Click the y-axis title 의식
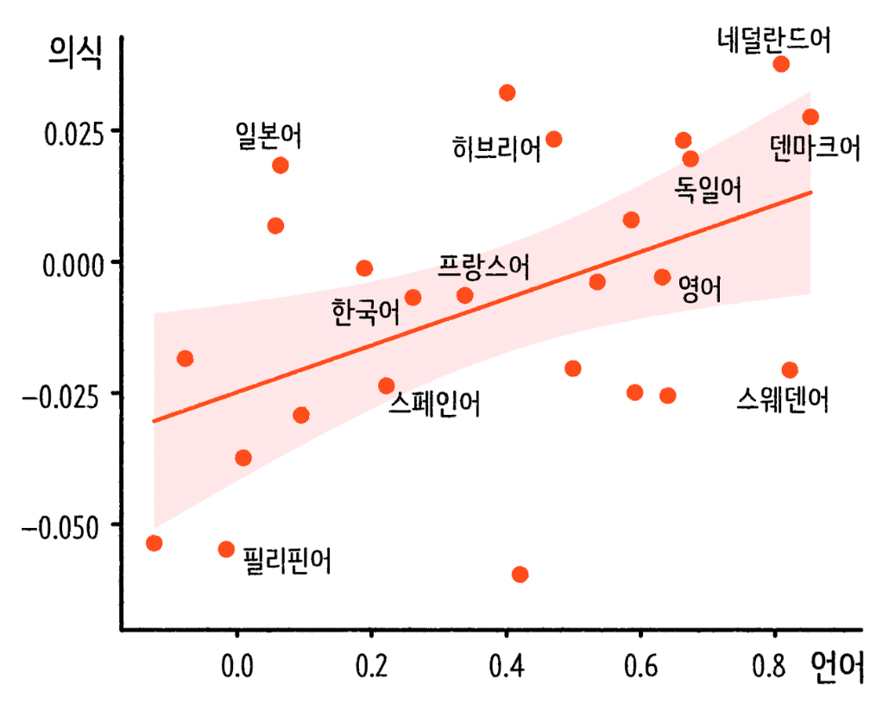74,56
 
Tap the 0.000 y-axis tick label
75,262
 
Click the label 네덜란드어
773,40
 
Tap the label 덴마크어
815,148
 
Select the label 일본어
268,135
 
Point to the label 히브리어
496,148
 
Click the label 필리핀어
287,561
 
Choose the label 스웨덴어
783,399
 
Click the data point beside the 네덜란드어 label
781,64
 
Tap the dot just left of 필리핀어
227,550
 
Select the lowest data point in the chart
520,575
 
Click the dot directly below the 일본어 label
280,166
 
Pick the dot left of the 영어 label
662,277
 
